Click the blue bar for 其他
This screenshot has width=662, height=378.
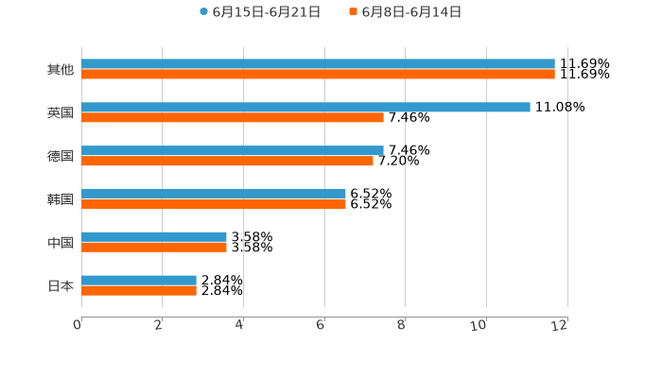(318, 64)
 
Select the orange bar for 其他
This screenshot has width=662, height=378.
(318, 75)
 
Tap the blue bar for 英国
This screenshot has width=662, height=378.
(305, 108)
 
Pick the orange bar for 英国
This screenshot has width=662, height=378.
(233, 118)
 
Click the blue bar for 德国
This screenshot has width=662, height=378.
(233, 150)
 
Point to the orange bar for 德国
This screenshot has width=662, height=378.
(227, 161)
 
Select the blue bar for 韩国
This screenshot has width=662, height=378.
(214, 194)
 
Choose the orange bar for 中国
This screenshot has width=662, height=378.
(154, 248)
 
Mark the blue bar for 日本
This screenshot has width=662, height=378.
(139, 281)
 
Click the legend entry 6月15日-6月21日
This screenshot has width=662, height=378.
(266, 12)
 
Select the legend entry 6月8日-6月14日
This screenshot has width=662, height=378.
(410, 12)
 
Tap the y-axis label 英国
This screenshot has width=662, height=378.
(61, 112)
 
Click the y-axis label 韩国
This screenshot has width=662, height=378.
(61, 199)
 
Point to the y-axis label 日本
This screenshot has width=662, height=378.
(61, 285)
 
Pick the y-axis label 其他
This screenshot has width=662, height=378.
(61, 70)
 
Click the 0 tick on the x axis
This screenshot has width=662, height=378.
(78, 325)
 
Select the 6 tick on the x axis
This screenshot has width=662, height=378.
(321, 325)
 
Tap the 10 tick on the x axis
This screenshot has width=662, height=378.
(480, 325)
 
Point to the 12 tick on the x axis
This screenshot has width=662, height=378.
(561, 325)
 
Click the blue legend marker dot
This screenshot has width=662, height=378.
(203, 12)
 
